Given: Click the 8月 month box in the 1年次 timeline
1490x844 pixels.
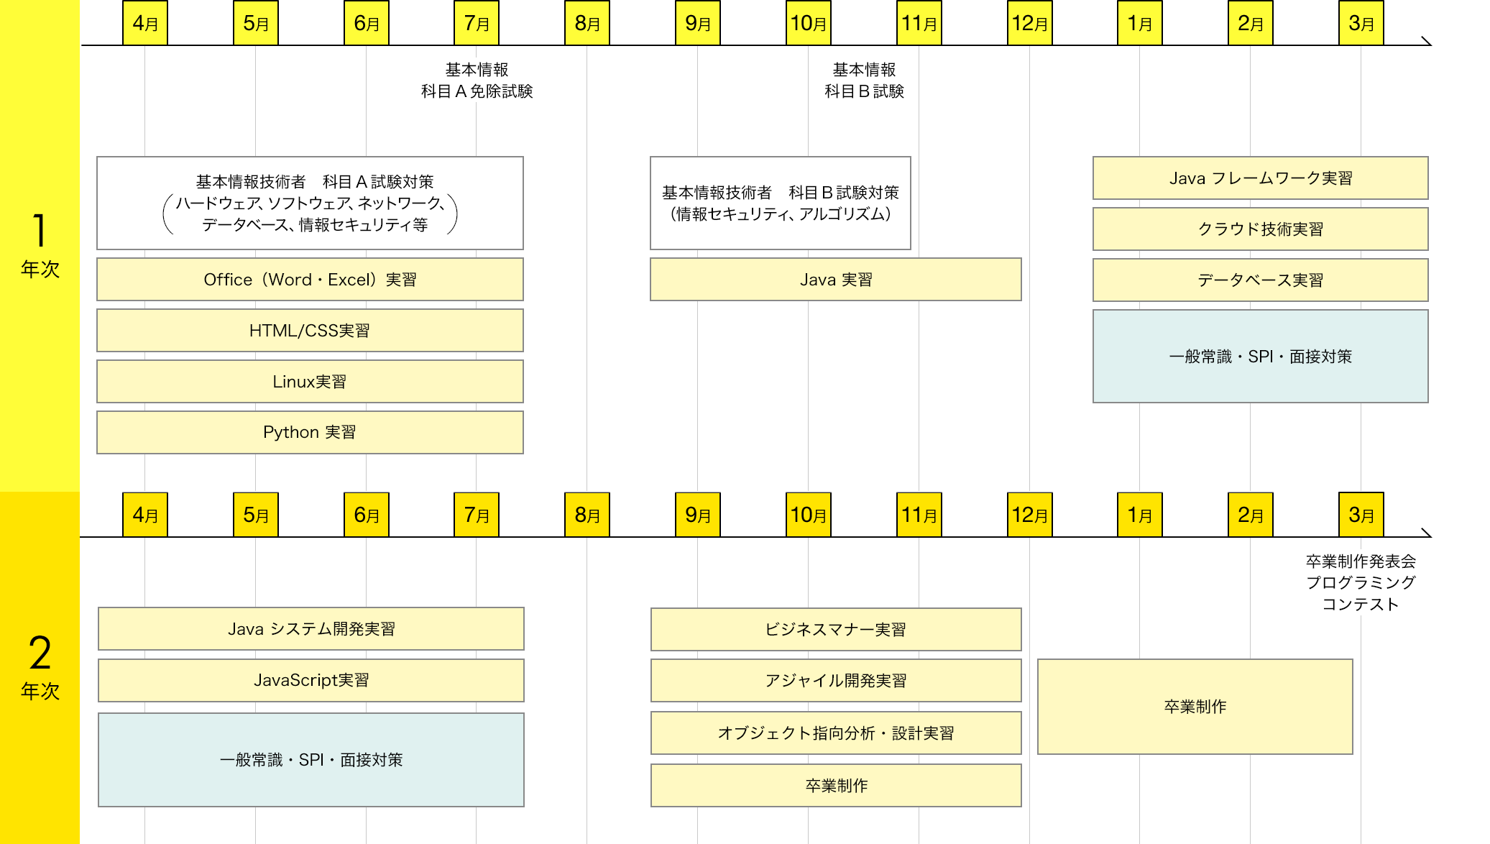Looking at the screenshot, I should (x=587, y=23).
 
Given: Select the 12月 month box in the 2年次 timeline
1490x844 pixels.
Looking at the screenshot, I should (x=1029, y=515).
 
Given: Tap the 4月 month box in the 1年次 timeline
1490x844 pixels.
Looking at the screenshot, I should (x=145, y=23).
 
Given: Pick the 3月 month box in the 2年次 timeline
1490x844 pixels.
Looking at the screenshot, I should (x=1361, y=515).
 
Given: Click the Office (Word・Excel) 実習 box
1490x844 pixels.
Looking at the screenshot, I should (x=310, y=280).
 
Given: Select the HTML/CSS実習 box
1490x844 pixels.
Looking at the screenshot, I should (x=310, y=331).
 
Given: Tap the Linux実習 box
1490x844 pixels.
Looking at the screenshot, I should (x=310, y=382).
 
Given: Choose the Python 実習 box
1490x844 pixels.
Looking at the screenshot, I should (x=310, y=432).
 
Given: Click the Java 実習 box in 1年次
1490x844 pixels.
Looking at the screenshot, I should (x=835, y=280).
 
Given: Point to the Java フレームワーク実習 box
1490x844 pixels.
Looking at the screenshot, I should (x=1260, y=178).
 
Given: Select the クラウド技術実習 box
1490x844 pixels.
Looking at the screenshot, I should (x=1260, y=229).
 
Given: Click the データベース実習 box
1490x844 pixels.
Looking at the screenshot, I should (x=1260, y=280).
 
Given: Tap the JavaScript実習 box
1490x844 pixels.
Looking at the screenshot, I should (x=311, y=680).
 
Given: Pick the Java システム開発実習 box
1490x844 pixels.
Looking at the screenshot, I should (x=311, y=629).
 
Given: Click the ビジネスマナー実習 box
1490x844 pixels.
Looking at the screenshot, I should (x=836, y=630).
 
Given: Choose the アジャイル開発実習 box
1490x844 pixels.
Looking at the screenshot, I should (x=836, y=681).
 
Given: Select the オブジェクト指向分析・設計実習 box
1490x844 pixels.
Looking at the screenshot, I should (x=836, y=733).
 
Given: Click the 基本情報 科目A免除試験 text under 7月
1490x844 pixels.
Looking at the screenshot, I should (x=477, y=81).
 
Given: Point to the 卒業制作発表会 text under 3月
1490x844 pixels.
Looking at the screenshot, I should (x=1361, y=561).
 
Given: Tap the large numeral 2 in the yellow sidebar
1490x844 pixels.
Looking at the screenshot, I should (x=40, y=653).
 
